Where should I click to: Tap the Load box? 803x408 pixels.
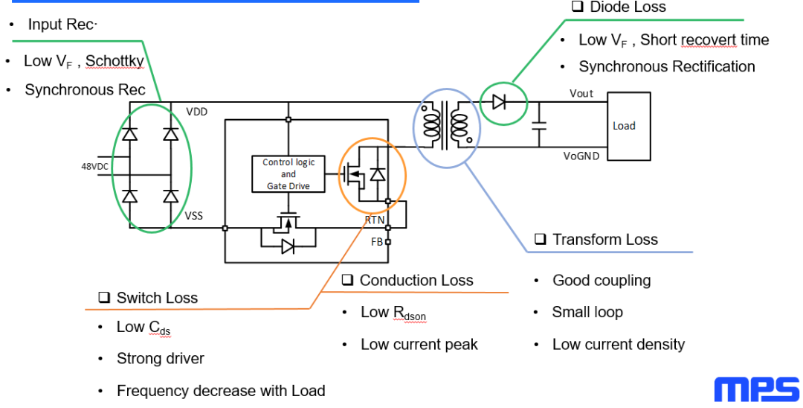coord(628,125)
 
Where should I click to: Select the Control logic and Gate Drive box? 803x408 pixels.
coord(288,174)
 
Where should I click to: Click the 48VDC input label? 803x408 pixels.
coord(95,166)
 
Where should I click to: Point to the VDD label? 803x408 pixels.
coord(197,112)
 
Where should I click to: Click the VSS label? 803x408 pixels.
coord(195,216)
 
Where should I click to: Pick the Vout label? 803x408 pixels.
coord(581,93)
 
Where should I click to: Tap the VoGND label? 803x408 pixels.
coord(581,156)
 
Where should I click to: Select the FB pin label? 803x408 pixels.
coord(376,241)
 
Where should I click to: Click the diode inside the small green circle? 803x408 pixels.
coord(500,102)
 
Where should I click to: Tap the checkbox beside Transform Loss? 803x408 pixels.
coord(540,240)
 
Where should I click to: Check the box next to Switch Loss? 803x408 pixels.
coord(104,299)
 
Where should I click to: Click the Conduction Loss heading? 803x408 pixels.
coord(416,281)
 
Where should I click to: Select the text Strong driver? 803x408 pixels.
coord(160,359)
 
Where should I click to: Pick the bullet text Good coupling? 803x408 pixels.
coord(601,281)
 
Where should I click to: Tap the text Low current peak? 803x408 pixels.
coord(419,345)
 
